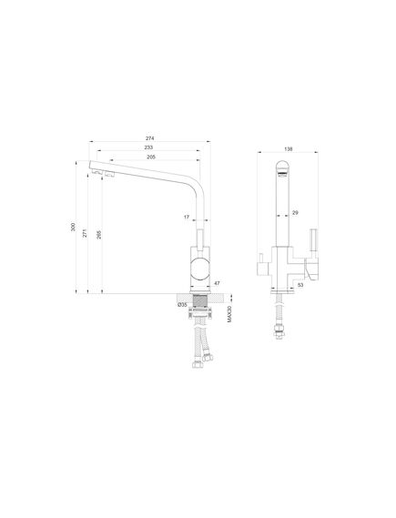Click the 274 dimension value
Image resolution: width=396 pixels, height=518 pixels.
point(149,138)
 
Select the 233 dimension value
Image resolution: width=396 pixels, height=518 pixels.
point(148,147)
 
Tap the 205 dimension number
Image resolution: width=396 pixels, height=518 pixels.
point(151,157)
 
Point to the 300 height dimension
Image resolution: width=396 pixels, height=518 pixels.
point(73,227)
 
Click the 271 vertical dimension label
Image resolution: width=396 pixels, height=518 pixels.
point(85,233)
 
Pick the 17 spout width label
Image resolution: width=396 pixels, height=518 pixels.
point(187,217)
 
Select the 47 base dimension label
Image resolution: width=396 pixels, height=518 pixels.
point(217,283)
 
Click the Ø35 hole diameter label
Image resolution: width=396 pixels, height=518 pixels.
point(182,305)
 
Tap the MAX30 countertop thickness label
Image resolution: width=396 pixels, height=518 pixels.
point(229,314)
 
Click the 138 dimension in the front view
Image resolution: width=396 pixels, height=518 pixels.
point(289,149)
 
